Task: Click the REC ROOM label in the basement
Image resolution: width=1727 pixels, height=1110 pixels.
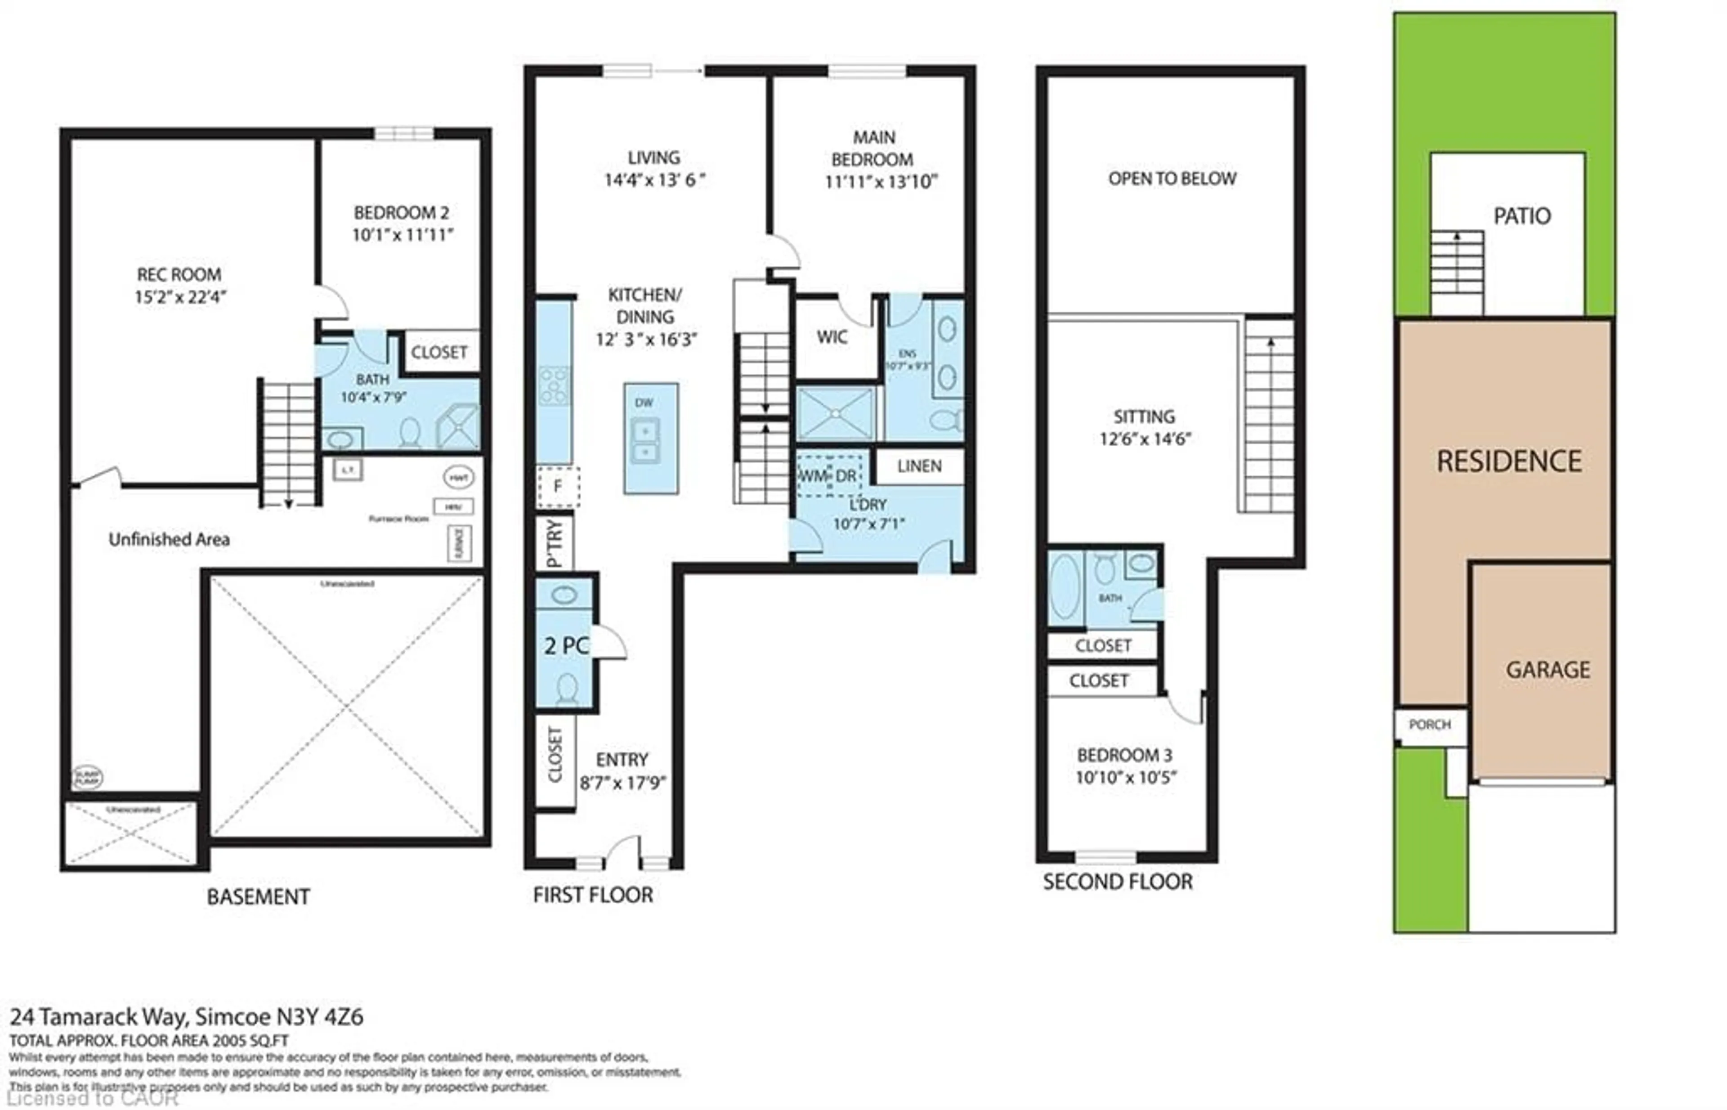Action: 179,275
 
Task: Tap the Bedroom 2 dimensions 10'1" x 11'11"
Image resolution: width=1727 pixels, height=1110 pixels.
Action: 402,235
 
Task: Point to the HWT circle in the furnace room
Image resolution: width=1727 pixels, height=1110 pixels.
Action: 458,477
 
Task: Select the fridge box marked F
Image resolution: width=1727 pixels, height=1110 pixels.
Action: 557,487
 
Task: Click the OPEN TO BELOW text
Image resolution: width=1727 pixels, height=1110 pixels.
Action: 1172,179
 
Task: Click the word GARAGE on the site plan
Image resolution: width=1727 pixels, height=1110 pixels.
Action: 1548,670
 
